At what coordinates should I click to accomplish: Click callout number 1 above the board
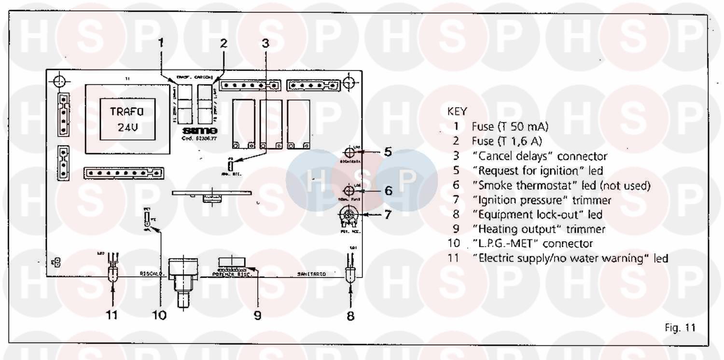[162, 42]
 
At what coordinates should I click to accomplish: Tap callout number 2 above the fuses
[223, 42]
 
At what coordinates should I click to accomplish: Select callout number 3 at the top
[265, 42]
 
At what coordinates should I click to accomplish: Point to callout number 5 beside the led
[388, 152]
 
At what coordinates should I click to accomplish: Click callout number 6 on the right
[388, 190]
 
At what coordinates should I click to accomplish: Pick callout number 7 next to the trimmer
[388, 214]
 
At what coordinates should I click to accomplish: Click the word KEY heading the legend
[457, 111]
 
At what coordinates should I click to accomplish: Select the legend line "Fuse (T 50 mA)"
[510, 127]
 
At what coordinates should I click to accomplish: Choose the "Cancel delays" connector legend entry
[539, 156]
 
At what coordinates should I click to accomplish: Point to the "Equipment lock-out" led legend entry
[537, 214]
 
